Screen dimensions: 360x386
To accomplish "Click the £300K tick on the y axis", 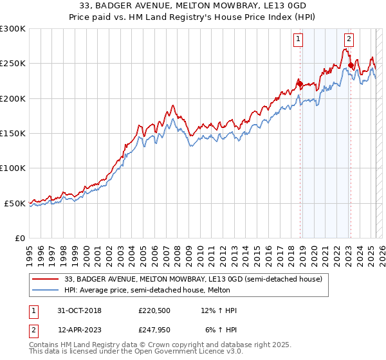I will [x=13, y=29].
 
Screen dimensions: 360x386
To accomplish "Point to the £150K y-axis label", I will [x=13, y=134].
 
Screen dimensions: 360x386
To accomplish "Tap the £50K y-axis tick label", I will [x=15, y=203].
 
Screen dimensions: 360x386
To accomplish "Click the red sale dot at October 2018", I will [x=299, y=82].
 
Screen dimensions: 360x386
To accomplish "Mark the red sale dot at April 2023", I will [x=350, y=64].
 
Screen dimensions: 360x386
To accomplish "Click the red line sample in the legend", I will [x=46, y=279].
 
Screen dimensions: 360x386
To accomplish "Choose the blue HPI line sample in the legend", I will [x=46, y=290].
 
